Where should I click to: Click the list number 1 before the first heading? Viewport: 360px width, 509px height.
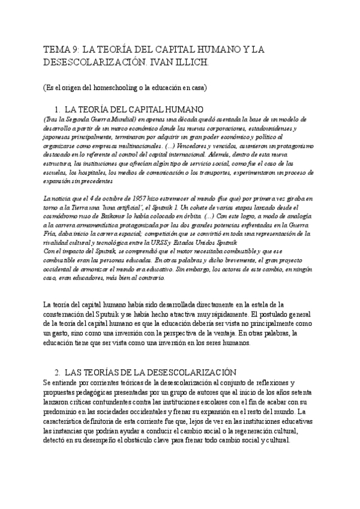pos(74,110)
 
